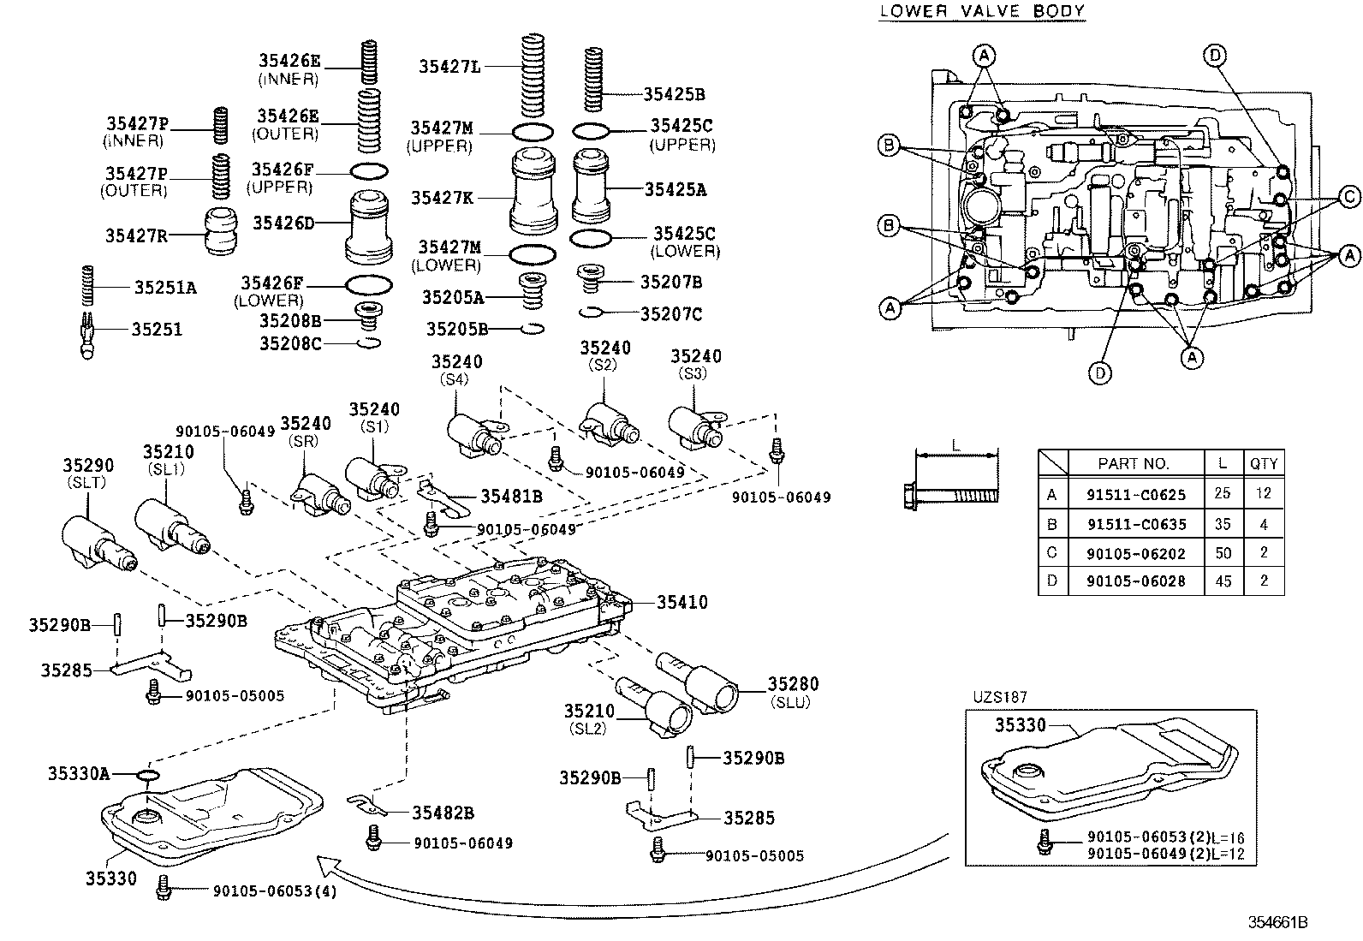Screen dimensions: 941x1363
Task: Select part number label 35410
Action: [681, 602]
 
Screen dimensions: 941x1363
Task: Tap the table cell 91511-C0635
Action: [1136, 524]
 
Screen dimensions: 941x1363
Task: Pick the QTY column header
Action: [1263, 463]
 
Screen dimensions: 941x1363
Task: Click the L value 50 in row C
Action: [1223, 553]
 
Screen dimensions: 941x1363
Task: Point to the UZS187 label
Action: [999, 698]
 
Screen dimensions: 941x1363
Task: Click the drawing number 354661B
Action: [1277, 922]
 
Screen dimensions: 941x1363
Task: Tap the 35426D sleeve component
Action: [369, 227]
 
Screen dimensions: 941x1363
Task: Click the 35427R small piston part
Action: [223, 231]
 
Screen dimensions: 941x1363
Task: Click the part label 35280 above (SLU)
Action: [792, 683]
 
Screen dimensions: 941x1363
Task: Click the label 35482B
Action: [443, 812]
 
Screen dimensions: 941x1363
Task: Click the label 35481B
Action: [511, 496]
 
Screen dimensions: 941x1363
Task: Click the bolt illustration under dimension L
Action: [952, 494]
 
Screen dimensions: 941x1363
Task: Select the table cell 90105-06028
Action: [1136, 581]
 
